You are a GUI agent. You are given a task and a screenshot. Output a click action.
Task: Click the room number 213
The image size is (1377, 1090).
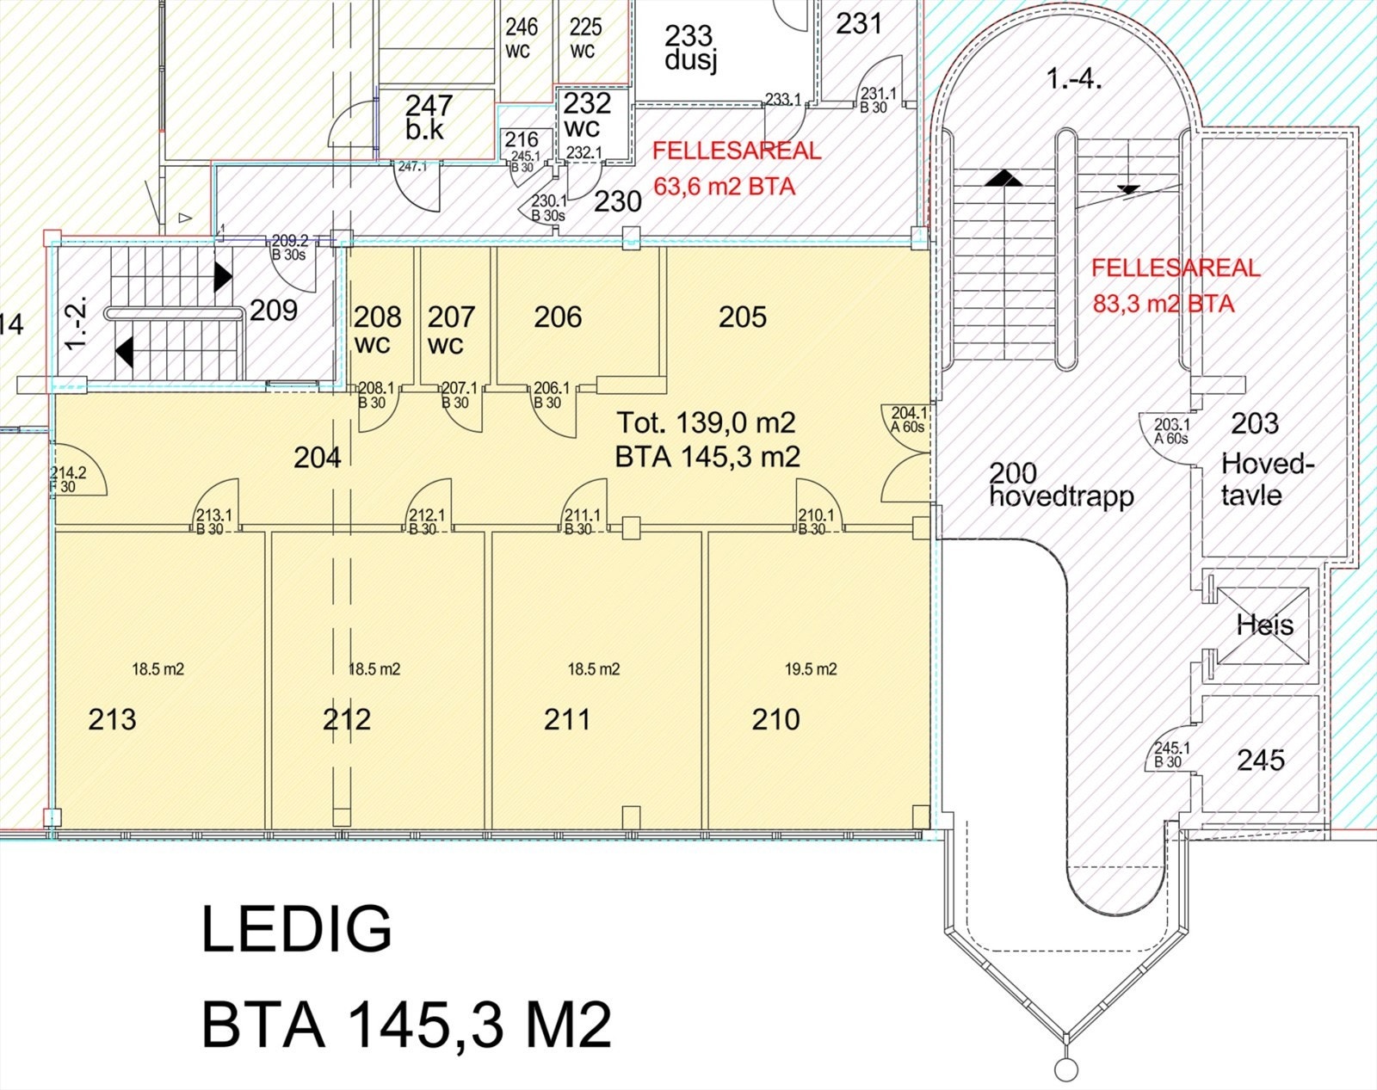[112, 719]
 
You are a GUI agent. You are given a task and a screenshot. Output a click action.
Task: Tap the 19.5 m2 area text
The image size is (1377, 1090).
[811, 669]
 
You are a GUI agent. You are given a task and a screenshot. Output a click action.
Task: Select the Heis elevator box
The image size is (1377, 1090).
[1263, 625]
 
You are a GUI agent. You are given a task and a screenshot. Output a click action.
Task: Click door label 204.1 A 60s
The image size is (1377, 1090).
[908, 420]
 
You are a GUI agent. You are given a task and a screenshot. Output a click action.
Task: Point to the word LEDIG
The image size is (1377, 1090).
[296, 929]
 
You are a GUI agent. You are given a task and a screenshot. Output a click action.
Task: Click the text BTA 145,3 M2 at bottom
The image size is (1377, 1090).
[406, 1025]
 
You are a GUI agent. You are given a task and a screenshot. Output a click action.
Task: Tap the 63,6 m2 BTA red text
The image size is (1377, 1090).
[724, 187]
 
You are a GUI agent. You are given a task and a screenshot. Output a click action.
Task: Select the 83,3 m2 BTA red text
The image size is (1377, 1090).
[1163, 304]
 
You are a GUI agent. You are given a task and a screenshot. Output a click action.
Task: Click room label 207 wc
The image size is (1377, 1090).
[451, 329]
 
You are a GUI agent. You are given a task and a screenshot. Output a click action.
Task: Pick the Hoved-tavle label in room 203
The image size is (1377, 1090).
[1267, 479]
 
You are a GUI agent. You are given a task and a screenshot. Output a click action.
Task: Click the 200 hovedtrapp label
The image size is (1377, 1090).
[1061, 485]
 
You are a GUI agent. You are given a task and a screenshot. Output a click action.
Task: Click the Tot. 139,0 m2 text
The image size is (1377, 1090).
[706, 422]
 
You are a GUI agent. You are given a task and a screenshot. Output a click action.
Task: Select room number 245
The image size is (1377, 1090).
[1260, 760]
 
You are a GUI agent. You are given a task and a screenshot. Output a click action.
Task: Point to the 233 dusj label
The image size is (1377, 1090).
[689, 47]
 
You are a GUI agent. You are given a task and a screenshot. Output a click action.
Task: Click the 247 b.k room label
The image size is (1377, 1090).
[428, 117]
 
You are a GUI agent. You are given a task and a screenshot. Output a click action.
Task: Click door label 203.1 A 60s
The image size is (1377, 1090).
[1171, 431]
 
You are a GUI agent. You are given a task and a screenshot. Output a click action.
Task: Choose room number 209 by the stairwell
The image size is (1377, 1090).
[274, 310]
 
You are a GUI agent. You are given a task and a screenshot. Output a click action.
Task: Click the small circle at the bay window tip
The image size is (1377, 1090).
[1066, 1070]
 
